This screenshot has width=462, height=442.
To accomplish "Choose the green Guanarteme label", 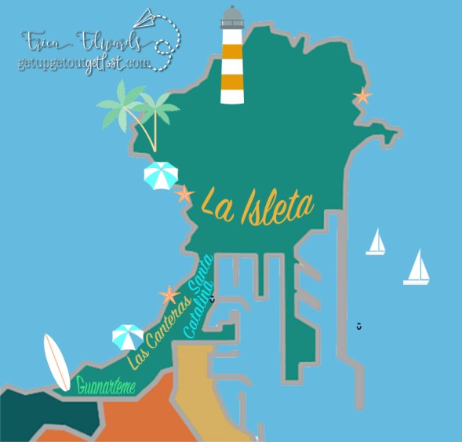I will [x=107, y=385].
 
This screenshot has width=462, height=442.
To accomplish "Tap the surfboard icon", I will [x=56, y=362].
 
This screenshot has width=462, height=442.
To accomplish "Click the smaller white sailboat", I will [x=376, y=243].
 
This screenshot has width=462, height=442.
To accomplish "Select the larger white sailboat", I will [x=417, y=268].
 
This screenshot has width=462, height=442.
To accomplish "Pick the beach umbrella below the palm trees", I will [x=161, y=174].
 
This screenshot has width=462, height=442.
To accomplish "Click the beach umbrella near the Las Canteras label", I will [x=127, y=336].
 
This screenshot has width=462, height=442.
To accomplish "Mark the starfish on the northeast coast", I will [x=362, y=97].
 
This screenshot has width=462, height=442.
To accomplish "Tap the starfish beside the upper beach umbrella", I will [x=184, y=193].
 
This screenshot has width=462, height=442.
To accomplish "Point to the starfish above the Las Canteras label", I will [x=169, y=295].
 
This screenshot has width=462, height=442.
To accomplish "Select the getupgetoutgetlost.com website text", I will [x=83, y=63].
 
